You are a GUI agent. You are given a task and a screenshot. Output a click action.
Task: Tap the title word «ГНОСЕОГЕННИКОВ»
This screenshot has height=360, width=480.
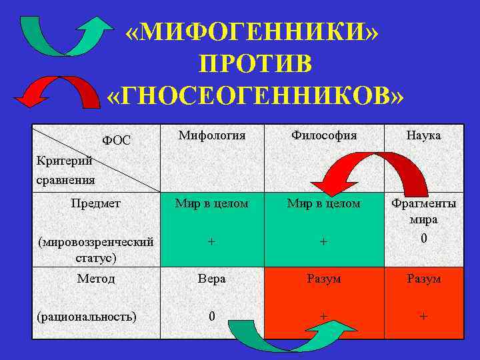[255, 96]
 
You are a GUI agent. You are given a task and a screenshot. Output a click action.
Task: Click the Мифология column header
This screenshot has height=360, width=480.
[212, 135]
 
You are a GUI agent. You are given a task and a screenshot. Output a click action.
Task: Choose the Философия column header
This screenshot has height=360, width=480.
[324, 135]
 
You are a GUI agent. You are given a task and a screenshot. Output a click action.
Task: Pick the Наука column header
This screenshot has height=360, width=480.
[423, 135]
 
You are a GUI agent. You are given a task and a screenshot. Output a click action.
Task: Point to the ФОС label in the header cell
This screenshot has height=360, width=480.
[116, 141]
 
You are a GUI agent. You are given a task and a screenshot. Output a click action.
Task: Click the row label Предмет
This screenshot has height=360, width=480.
[95, 203]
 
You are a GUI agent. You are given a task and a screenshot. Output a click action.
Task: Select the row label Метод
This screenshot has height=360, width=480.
[95, 279]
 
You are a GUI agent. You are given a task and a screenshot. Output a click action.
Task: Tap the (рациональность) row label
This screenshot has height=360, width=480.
[87, 316]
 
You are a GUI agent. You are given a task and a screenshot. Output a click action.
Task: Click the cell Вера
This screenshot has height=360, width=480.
[212, 279]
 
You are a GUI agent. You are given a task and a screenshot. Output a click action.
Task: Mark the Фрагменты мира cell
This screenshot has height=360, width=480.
[423, 211]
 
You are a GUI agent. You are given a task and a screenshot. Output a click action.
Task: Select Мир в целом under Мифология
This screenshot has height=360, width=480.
[212, 203]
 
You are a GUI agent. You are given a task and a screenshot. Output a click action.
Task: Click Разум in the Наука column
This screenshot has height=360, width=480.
[423, 279]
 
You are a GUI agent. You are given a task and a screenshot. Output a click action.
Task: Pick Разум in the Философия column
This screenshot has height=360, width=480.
[324, 279]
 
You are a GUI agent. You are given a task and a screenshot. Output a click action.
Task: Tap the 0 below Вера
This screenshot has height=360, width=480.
[212, 316]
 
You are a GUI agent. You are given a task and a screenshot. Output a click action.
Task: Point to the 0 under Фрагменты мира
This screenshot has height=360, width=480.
[423, 238]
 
